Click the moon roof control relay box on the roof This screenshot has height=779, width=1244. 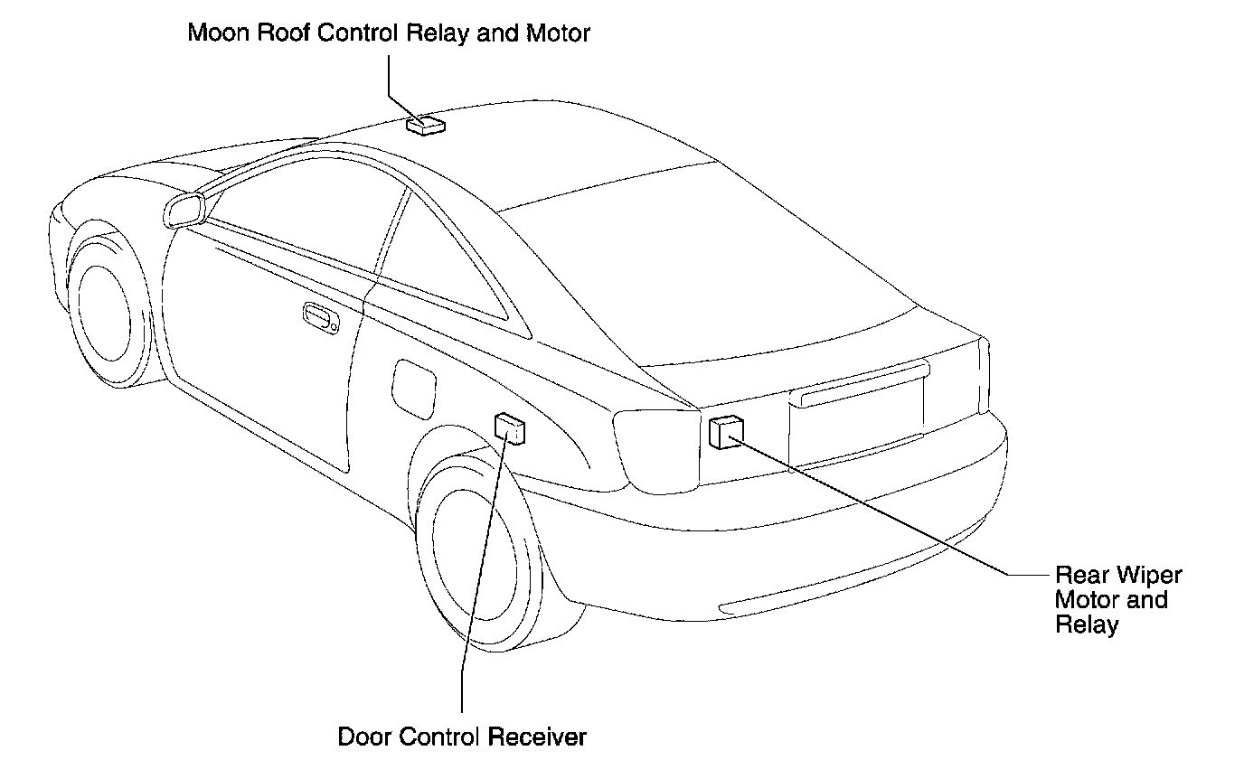[x=425, y=126]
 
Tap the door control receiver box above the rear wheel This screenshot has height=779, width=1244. [x=510, y=428]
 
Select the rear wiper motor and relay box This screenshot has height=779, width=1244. [x=726, y=432]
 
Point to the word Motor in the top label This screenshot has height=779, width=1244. [x=560, y=34]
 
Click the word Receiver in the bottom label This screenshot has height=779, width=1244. [x=538, y=737]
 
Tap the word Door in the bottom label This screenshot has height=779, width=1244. [x=360, y=737]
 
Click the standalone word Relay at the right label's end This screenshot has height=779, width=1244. [x=1087, y=624]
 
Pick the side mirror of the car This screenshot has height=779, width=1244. [x=184, y=210]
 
